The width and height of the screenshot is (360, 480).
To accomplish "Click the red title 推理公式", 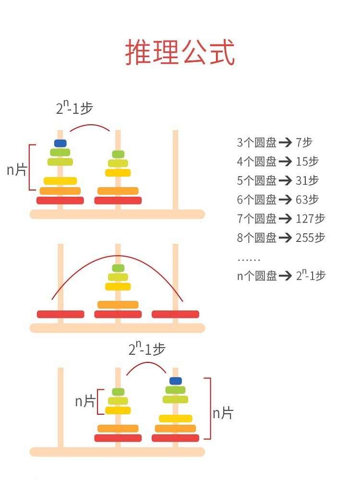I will [x=180, y=52].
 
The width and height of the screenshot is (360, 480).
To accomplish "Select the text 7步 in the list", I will [x=304, y=143].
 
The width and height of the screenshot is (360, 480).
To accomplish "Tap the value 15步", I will [x=307, y=162].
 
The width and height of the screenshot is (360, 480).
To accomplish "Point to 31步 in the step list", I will [x=307, y=181].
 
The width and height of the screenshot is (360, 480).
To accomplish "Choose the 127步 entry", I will [x=311, y=219].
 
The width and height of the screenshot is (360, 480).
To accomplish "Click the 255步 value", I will [x=311, y=238].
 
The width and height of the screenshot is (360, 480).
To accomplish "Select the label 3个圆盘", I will [x=256, y=143].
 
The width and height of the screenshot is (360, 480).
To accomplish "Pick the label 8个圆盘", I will [x=256, y=238].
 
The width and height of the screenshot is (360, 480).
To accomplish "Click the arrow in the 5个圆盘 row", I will [x=286, y=181].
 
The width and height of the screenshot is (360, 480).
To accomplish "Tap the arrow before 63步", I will [x=286, y=200].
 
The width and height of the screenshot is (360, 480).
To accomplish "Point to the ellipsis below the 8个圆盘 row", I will [x=249, y=260].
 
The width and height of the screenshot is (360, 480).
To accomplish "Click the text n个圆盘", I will [x=256, y=276].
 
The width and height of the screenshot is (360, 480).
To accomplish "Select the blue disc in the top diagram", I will [x=60, y=143].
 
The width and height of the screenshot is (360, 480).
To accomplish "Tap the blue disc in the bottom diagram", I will [x=175, y=381].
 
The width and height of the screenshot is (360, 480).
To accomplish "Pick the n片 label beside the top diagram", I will [x=17, y=169].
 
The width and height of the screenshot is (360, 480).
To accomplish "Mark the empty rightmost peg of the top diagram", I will [x=175, y=168].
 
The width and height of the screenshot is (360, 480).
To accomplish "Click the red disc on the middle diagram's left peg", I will [x=60, y=314].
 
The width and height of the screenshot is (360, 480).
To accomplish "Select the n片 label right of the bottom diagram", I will [x=223, y=413].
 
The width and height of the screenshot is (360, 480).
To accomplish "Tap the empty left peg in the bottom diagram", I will [x=60, y=408].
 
